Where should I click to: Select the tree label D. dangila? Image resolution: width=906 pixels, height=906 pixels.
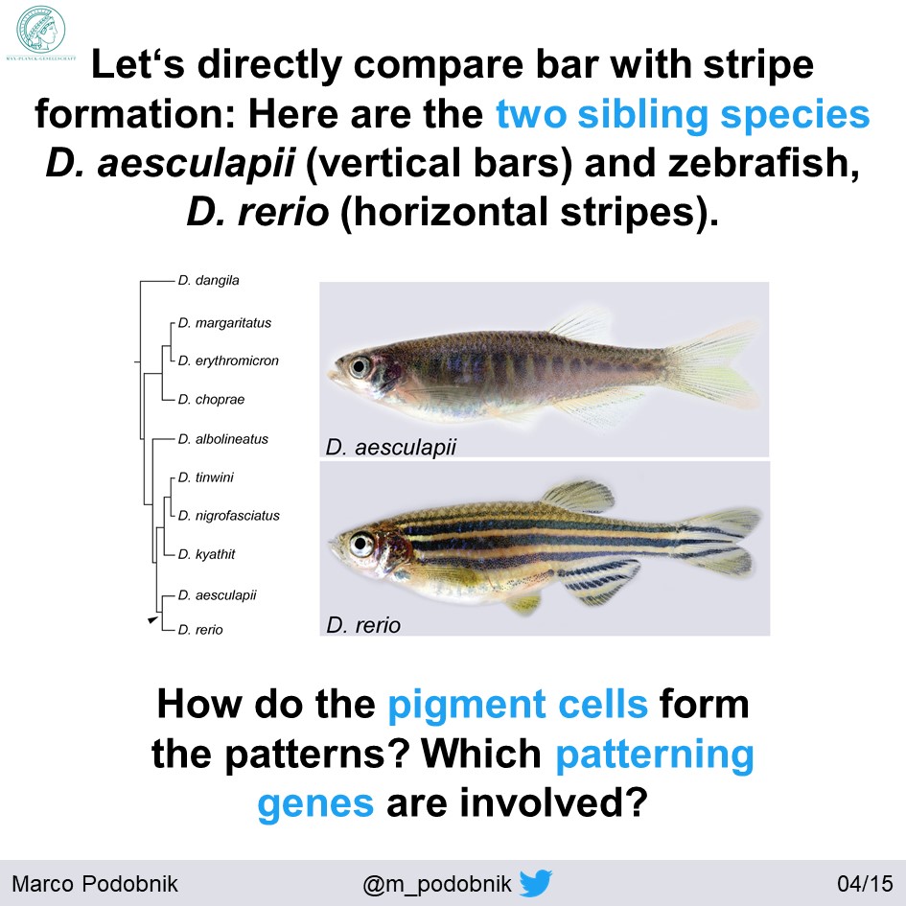tap(208, 280)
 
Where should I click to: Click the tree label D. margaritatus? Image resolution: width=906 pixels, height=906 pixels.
tap(224, 323)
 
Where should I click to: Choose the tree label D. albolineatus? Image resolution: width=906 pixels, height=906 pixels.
tap(222, 438)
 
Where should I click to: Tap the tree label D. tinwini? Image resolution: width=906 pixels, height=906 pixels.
tap(205, 476)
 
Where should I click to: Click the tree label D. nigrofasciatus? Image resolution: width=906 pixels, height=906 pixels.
tap(228, 515)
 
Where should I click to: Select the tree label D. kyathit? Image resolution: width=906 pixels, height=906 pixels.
tap(206, 553)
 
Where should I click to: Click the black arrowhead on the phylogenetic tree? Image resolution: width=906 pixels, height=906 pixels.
tap(151, 621)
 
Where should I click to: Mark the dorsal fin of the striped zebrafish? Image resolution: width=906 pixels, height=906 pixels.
tap(578, 496)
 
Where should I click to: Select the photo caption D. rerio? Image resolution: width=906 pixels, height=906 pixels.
tap(362, 625)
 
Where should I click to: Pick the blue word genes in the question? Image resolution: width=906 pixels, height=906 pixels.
tap(315, 800)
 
